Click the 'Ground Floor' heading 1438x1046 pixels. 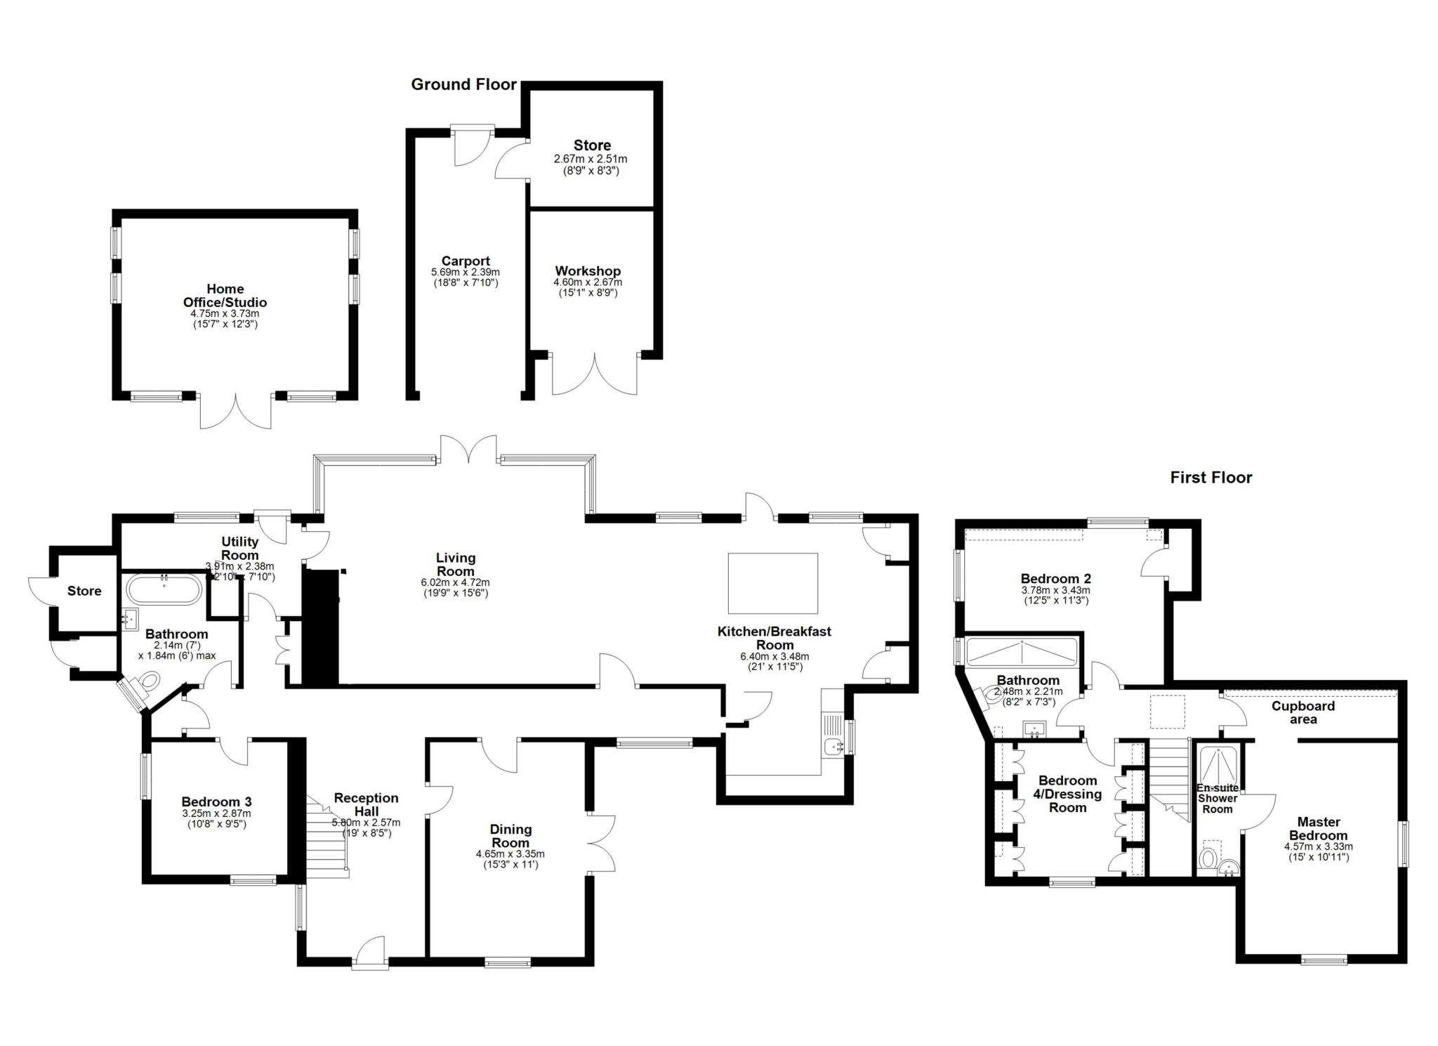click(463, 85)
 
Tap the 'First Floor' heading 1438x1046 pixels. click(1211, 478)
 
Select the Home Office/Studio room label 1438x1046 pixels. click(225, 296)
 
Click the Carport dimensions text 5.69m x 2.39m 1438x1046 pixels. click(466, 272)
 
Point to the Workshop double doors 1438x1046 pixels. click(594, 374)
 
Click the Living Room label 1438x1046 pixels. click(456, 564)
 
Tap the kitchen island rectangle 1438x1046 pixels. click(772, 584)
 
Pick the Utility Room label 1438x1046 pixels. click(240, 548)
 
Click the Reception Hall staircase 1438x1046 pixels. click(327, 835)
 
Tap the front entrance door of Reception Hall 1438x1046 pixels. click(370, 953)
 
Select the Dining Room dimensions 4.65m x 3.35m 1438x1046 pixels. click(510, 854)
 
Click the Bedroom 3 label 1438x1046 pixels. click(216, 802)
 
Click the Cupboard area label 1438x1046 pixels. click(1302, 712)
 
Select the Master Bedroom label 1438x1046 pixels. click(1318, 828)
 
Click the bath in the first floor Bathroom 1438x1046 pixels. click(1022, 653)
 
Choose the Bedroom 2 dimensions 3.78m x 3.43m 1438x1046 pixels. click(1055, 591)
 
